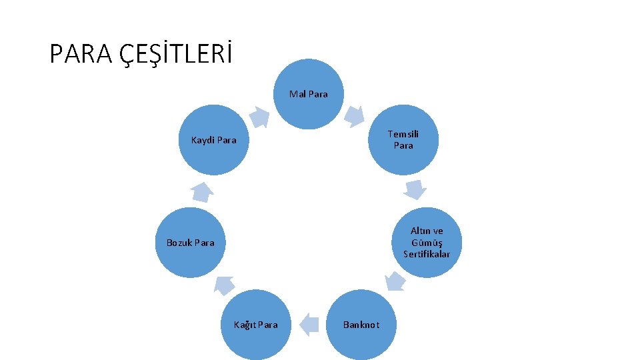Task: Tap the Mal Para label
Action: [308, 94]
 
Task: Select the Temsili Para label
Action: [403, 139]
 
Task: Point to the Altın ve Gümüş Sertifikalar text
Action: [427, 243]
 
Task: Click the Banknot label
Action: [361, 325]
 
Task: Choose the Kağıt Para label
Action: [255, 325]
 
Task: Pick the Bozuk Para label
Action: [190, 243]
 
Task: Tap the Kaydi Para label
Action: [213, 140]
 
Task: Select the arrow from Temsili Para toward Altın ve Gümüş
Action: [415, 189]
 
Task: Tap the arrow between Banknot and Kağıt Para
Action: [309, 325]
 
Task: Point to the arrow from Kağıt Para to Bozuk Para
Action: [224, 285]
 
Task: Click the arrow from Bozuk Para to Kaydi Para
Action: [201, 193]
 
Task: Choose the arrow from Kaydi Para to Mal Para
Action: [259, 117]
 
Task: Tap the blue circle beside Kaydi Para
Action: [213, 157]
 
